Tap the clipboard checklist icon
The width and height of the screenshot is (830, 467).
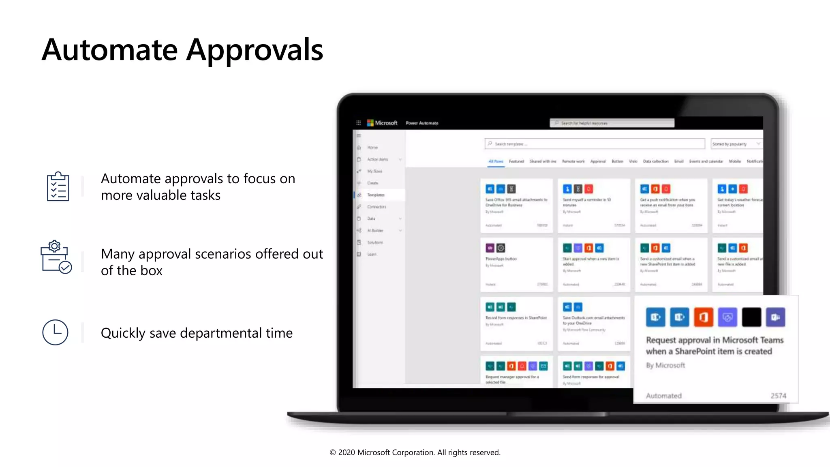58,186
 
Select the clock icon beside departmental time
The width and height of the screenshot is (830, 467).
55,332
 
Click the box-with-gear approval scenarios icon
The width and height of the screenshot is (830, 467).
56,257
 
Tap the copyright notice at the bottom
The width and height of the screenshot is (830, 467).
415,452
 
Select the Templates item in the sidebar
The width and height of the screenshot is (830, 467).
376,195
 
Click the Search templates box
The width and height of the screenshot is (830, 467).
595,144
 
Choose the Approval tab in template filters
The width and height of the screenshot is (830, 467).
598,161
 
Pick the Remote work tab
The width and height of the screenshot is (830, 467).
573,161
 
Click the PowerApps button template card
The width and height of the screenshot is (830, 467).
516,264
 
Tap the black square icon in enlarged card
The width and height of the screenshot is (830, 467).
751,317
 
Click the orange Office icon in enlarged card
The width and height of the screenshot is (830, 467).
703,317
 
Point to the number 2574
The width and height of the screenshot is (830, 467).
778,396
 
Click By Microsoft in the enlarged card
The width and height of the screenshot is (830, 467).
665,365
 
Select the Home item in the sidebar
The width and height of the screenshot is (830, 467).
372,148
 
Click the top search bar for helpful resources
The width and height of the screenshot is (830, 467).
612,123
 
